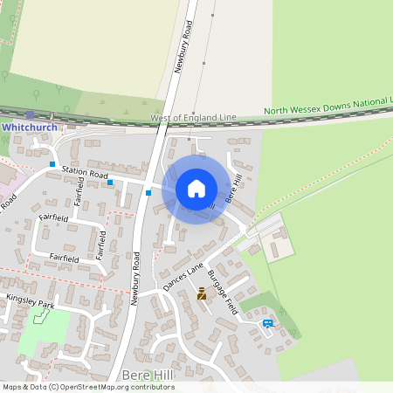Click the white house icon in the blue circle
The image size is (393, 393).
(x=196, y=188)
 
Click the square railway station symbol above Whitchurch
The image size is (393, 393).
(x=31, y=114)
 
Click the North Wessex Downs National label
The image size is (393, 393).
(x=327, y=107)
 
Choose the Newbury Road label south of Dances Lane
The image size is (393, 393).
(x=134, y=279)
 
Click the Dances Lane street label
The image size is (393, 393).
(x=183, y=276)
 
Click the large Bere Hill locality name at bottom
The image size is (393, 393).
(x=149, y=376)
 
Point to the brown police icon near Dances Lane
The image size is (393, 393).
(x=203, y=293)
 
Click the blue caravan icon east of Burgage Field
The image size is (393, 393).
(x=267, y=323)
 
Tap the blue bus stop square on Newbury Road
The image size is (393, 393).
(x=149, y=192)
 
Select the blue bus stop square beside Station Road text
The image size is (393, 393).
(x=110, y=183)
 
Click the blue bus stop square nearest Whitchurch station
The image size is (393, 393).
(x=52, y=164)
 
